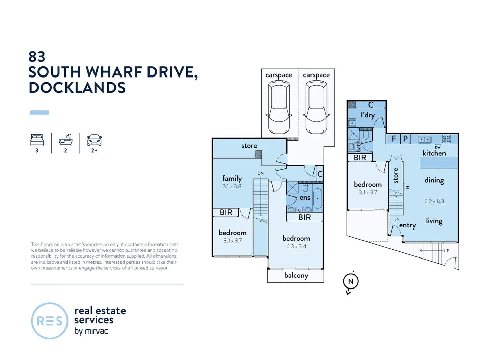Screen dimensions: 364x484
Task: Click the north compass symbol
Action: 351,282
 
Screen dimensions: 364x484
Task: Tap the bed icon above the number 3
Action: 37,140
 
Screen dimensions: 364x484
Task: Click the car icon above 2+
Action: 94,140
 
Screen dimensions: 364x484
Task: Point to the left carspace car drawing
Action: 279,109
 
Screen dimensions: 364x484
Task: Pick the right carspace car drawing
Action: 316,109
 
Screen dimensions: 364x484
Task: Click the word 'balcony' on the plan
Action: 296,275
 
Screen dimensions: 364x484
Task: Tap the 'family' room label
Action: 232,178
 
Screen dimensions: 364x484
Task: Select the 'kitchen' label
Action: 434,153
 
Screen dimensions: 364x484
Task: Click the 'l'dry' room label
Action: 368,115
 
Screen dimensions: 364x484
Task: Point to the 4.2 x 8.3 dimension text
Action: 434,201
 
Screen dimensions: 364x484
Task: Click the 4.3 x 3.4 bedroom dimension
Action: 296,246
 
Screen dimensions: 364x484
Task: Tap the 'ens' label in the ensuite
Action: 305,198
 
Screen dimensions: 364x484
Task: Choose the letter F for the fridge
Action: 394,139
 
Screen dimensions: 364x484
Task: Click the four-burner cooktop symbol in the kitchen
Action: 446,139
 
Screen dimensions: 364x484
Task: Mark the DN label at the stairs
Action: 260,173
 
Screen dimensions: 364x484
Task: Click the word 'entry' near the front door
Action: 407,225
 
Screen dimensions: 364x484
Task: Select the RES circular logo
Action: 50,321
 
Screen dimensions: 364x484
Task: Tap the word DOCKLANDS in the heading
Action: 77,88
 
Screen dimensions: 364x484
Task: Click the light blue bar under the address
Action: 39,113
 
